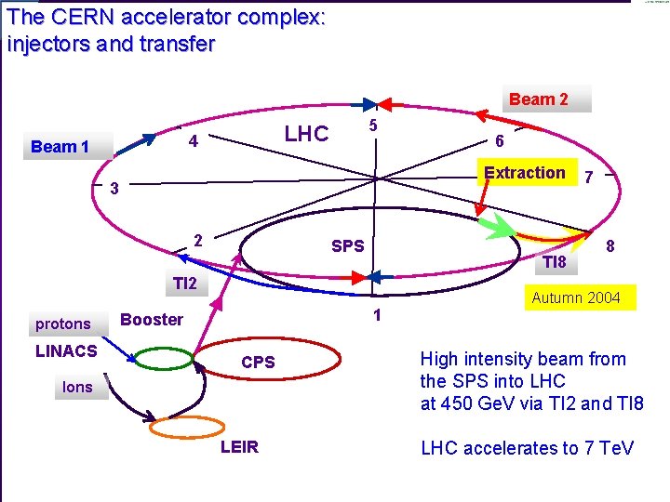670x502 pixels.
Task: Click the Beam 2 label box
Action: coord(539,99)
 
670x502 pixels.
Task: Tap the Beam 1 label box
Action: coord(61,147)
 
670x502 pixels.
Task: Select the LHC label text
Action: coord(306,134)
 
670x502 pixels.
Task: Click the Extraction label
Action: coord(525,173)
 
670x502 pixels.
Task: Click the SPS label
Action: coord(348,246)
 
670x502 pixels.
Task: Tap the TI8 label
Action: coord(555,262)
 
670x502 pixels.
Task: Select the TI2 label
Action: coord(185,284)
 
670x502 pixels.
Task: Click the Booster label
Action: coord(152,320)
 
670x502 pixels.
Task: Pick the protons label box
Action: coord(63,324)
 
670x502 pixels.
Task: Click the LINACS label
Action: coord(66,350)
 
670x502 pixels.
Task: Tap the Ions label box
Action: coord(77,387)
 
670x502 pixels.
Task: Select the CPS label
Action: coord(258,363)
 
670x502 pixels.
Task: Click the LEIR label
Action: coord(239,448)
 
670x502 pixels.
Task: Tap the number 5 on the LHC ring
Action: coord(371,125)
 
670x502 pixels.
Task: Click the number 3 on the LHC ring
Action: coord(114,189)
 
